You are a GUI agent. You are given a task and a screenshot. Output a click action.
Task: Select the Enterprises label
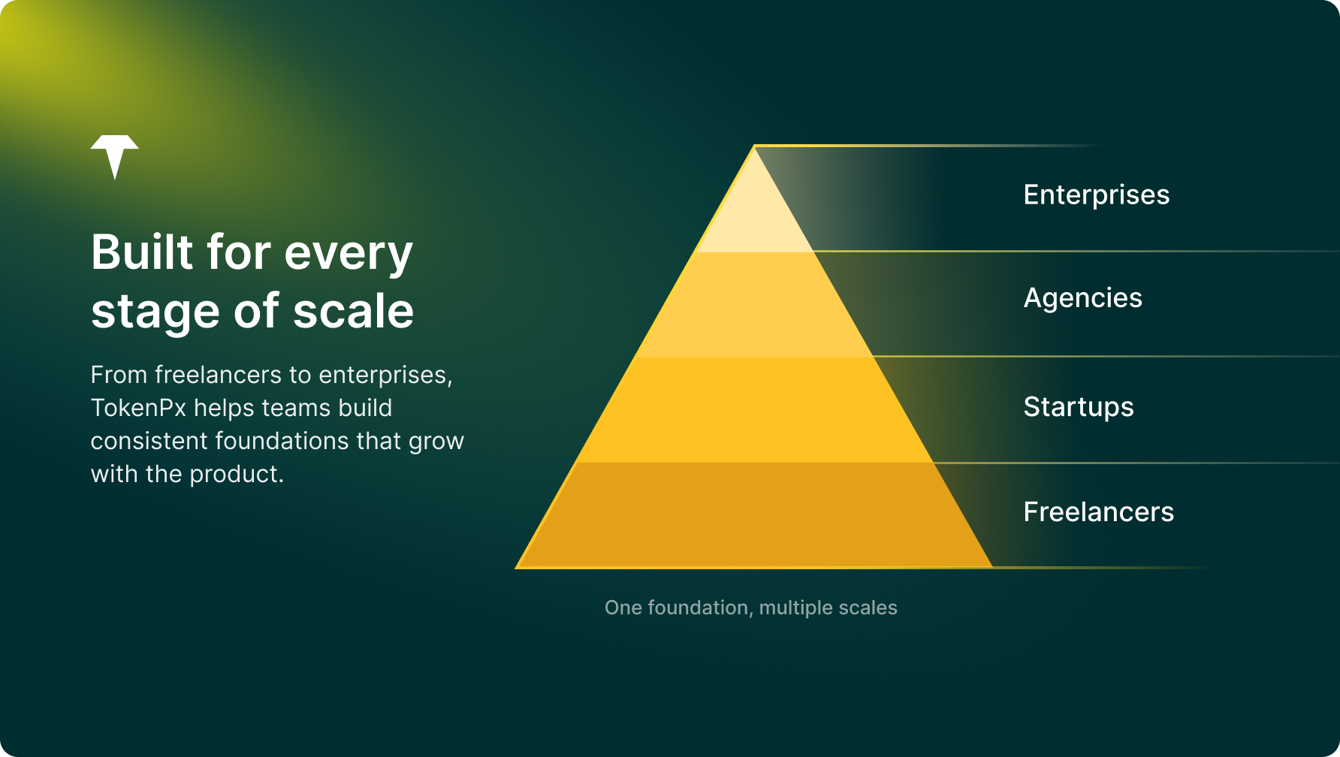tap(1097, 195)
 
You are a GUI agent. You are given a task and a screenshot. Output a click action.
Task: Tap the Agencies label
tap(1083, 299)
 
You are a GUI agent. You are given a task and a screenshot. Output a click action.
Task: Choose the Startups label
tap(1079, 407)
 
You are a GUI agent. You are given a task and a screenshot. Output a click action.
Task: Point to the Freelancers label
tap(1099, 512)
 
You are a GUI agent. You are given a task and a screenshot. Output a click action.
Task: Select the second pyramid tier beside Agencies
tap(754, 305)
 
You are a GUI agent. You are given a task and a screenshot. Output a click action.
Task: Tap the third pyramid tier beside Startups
tap(754, 410)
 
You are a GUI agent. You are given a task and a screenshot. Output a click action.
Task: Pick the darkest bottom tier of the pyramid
tap(754, 515)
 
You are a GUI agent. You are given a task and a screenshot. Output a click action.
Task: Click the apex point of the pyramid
tap(754, 146)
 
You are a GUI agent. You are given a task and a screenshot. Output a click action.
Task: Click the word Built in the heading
tap(143, 252)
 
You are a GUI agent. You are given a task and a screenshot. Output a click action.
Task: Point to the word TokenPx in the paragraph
tap(138, 408)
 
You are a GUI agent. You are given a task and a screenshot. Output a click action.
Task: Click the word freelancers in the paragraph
tap(232, 375)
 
